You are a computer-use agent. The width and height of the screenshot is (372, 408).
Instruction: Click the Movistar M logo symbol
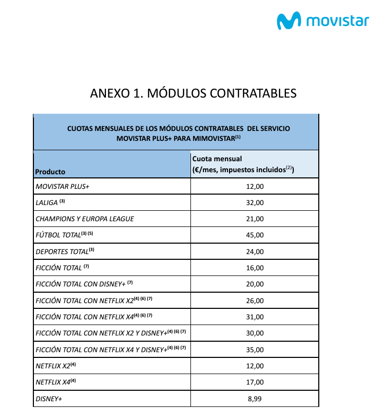[x=289, y=21]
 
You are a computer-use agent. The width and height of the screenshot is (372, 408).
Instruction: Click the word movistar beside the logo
[x=337, y=21]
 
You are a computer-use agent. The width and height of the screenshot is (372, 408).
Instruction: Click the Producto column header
[x=50, y=171]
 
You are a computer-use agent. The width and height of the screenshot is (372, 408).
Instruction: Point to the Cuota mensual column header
[x=217, y=159]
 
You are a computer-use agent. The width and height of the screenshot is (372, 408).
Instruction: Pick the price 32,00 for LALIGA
[x=255, y=202]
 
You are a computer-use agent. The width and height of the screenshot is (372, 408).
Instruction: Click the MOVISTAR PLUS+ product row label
[x=63, y=186]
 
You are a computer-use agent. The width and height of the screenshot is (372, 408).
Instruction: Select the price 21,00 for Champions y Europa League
[x=255, y=219]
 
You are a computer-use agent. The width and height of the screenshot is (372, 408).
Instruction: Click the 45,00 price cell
[x=255, y=235]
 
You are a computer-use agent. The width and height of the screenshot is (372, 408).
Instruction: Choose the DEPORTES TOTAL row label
[x=62, y=251]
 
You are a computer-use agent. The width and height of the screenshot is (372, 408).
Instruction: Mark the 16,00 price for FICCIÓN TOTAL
[x=255, y=268]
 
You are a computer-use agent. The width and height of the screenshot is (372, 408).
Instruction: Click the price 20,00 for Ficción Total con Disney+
[x=255, y=284]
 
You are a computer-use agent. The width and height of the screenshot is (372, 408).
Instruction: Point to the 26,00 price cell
[x=255, y=301]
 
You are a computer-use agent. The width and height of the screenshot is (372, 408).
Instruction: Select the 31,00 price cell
[x=255, y=317]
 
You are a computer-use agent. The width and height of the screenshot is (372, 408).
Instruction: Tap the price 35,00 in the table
[x=255, y=350]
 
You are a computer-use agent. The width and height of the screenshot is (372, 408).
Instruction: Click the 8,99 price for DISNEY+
[x=255, y=399]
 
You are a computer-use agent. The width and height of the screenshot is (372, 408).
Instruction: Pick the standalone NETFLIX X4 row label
[x=53, y=382]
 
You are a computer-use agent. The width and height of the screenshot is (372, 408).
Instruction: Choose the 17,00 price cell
[x=255, y=382]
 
